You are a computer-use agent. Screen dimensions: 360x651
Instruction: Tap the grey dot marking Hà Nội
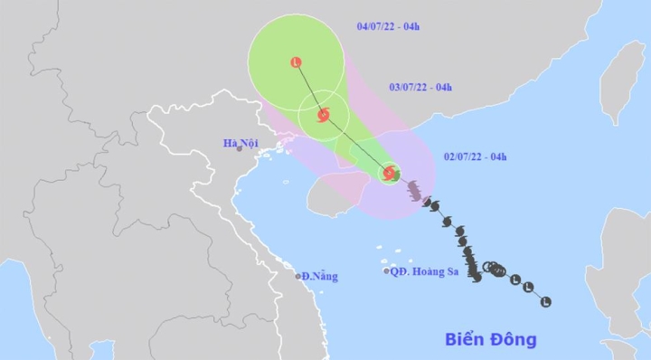pyautogui.click(x=241, y=148)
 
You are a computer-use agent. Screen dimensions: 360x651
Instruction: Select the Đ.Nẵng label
pyautogui.click(x=319, y=276)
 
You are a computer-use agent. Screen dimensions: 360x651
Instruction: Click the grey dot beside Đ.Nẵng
pyautogui.click(x=298, y=276)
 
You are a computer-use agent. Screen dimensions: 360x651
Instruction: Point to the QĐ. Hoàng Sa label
pyautogui.click(x=425, y=270)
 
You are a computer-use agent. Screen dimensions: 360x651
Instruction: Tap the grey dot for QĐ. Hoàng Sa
pyautogui.click(x=386, y=270)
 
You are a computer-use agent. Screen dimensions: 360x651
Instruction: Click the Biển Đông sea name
pyautogui.click(x=491, y=340)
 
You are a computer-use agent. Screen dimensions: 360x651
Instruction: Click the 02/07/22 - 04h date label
pyautogui.click(x=475, y=157)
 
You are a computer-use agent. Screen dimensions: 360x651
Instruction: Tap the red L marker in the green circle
pyautogui.click(x=296, y=62)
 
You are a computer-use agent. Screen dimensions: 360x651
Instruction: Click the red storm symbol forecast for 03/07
pyautogui.click(x=323, y=115)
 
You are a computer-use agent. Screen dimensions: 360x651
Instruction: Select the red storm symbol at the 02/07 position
pyautogui.click(x=389, y=173)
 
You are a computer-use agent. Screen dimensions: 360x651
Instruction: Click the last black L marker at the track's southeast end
pyautogui.click(x=545, y=301)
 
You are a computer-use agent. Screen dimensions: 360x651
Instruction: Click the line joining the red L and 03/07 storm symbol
pyautogui.click(x=309, y=89)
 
